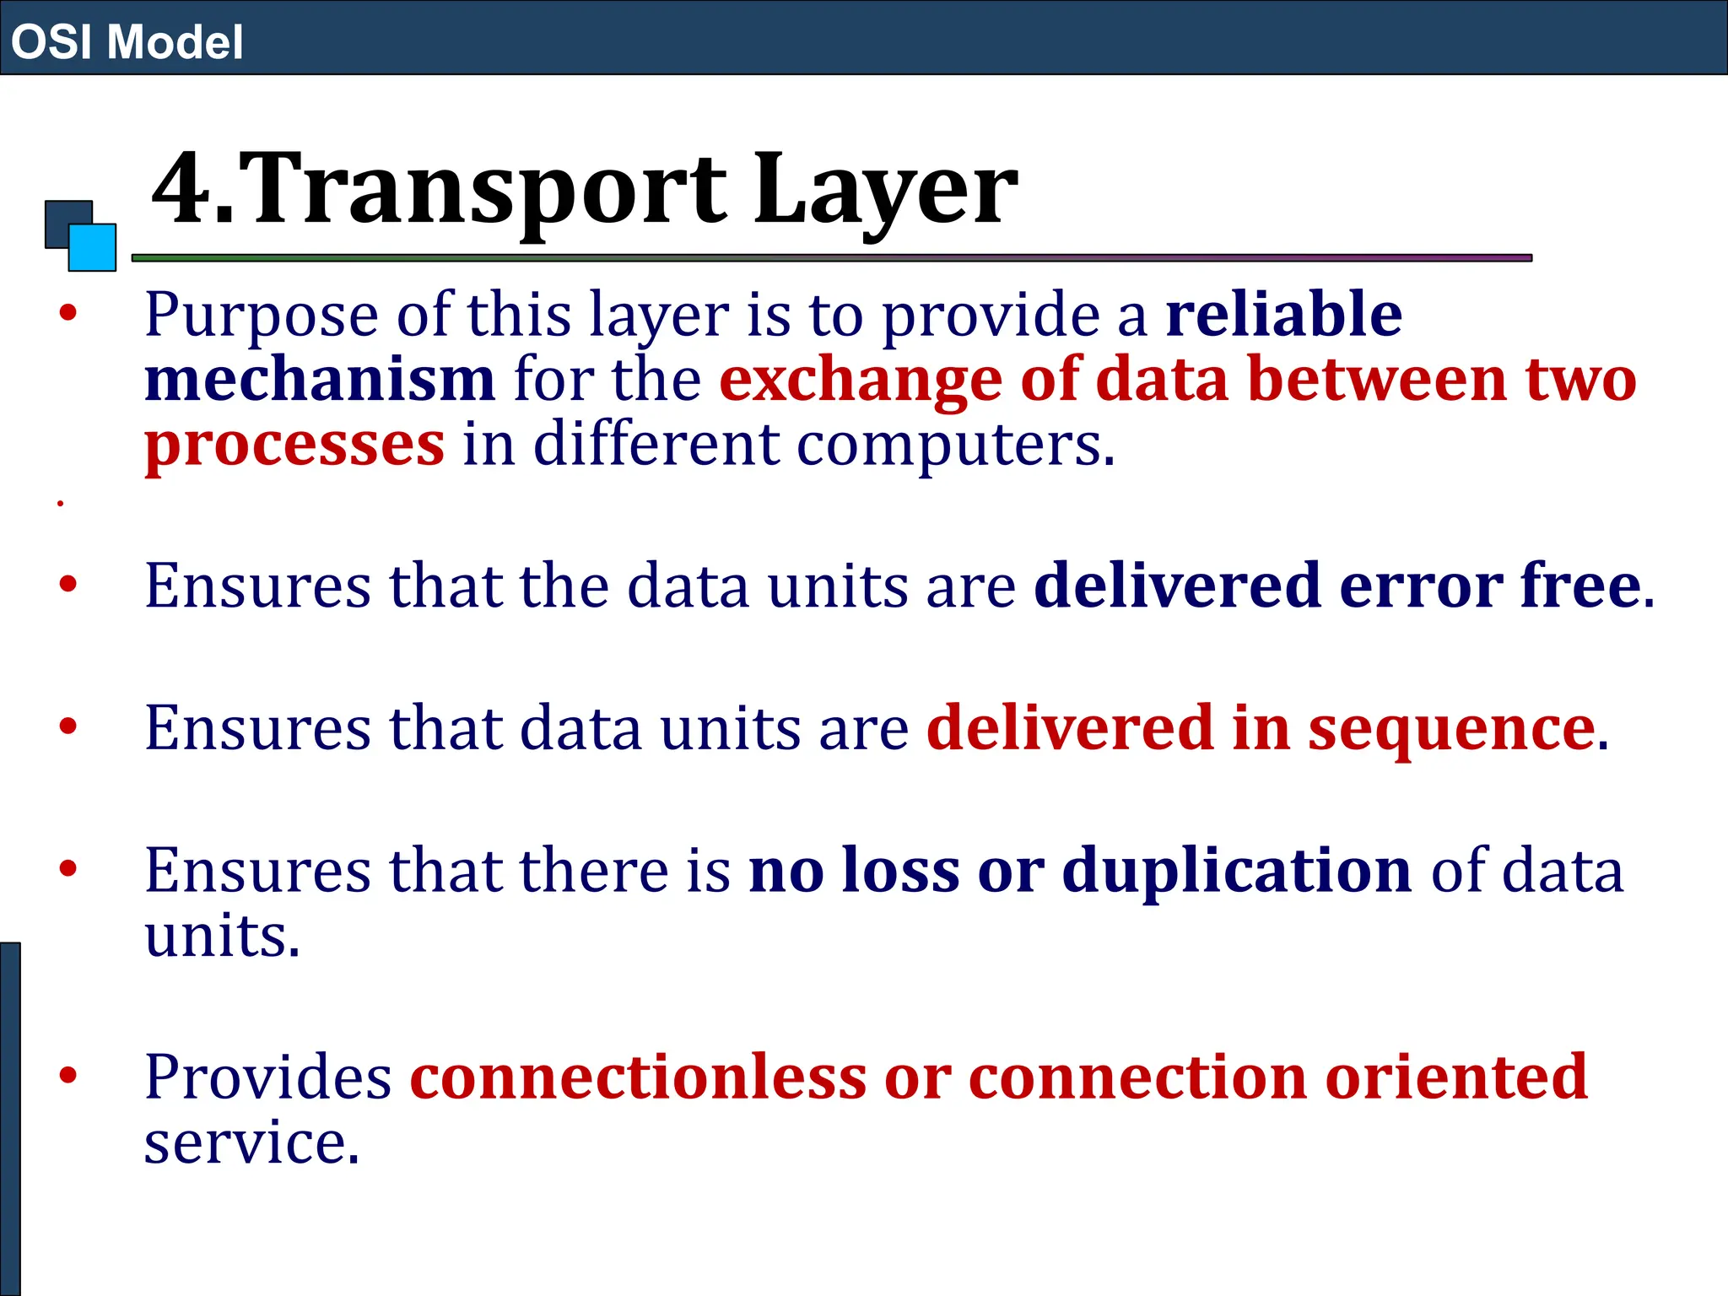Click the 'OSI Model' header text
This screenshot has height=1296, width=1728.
coord(127,41)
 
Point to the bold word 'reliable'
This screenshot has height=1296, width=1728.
coord(1283,314)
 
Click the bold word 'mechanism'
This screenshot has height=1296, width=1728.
coord(320,380)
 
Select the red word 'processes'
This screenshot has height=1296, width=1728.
coord(294,445)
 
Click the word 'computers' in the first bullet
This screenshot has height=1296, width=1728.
coord(949,445)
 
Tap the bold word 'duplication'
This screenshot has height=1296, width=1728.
coord(1236,870)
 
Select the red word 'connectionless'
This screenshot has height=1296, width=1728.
coord(638,1077)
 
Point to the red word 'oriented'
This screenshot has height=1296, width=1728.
coord(1456,1077)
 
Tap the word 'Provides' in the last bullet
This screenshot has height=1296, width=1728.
coord(267,1077)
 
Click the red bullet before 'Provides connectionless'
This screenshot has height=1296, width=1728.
coord(68,1075)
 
